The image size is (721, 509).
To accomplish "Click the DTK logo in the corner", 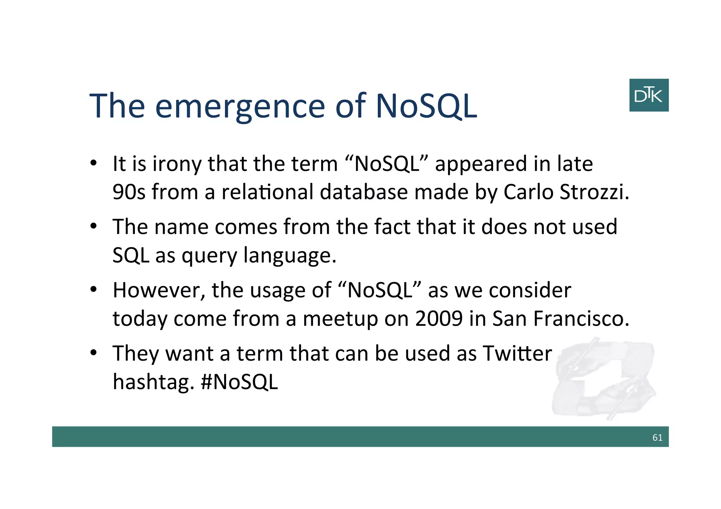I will pos(648,95).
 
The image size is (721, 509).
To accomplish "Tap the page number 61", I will pos(657,437).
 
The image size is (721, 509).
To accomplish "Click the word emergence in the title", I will pos(240,106).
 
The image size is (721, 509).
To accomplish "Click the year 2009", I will pos(438,318).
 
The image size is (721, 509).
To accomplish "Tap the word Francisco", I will pos(581,318).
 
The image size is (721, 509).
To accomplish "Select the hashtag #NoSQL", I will pos(239,382).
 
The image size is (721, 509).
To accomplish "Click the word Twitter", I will pos(517,353).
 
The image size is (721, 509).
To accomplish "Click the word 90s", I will pos(128,192).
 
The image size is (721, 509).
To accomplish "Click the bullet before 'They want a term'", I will pos(93,352).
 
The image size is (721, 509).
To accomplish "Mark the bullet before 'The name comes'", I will pos(93,226).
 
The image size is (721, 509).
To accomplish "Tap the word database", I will pos(364,192).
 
